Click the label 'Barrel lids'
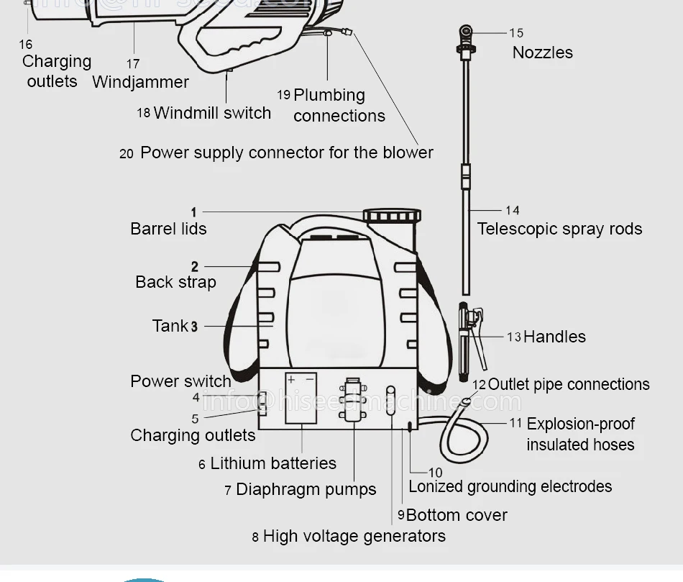pos(168,229)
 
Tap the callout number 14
pos(512,210)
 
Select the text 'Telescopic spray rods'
pos(559,229)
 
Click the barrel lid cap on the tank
pos(392,216)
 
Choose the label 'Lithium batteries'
pos(273,463)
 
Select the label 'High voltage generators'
pos(354,536)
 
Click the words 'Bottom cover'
pos(457,515)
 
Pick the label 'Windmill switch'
pos(212,113)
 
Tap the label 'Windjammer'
pos(140,82)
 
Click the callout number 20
pos(127,153)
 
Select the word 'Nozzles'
pos(542,53)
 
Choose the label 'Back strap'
pos(175,282)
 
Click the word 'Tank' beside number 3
pos(170,326)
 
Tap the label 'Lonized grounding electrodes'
pos(510,486)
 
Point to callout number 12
pos(479,386)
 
